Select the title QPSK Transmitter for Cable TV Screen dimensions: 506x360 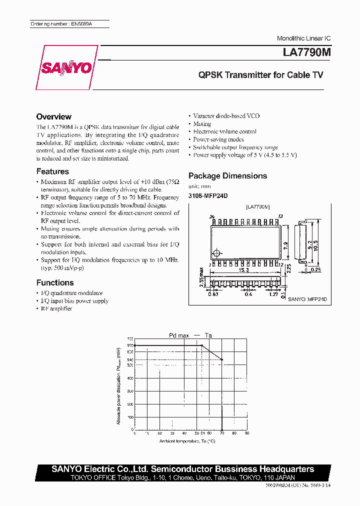click(260, 75)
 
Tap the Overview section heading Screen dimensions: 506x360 click(54, 116)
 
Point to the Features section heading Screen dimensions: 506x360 click(52, 171)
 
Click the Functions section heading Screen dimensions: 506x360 click(55, 282)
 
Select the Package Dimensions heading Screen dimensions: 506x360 click(227, 175)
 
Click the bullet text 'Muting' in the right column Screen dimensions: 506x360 click(202, 123)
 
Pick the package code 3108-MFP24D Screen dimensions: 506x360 click(207, 196)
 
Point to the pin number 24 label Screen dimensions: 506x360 click(212, 216)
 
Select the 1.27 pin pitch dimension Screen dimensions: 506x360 click(273, 294)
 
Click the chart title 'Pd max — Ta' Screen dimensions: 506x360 click(189, 335)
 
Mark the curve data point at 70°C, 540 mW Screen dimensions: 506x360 click(222, 359)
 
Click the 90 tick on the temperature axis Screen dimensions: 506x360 click(246, 433)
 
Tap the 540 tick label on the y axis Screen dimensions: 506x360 click(130, 359)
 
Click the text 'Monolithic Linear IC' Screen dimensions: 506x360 click(303, 38)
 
